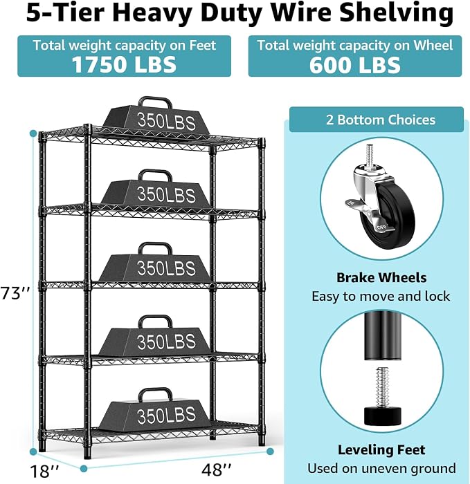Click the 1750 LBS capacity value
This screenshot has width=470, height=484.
coord(124,64)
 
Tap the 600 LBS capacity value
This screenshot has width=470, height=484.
coord(355,65)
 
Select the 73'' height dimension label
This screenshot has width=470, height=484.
coord(15,293)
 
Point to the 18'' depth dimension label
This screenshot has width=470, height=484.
coord(44,471)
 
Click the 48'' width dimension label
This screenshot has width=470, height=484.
coord(216,469)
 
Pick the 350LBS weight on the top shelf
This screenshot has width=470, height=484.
coord(156,116)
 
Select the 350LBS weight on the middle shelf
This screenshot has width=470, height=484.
coord(156,262)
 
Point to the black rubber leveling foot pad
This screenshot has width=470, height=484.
coord(382,416)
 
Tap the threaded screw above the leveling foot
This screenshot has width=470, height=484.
coord(382,387)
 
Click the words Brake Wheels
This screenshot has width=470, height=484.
coord(381,277)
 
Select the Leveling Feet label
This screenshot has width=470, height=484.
coord(381,449)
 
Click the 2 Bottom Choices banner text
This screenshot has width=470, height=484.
coord(381,120)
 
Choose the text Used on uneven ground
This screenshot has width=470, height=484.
coord(381,468)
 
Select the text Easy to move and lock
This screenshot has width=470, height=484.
coord(381,297)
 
